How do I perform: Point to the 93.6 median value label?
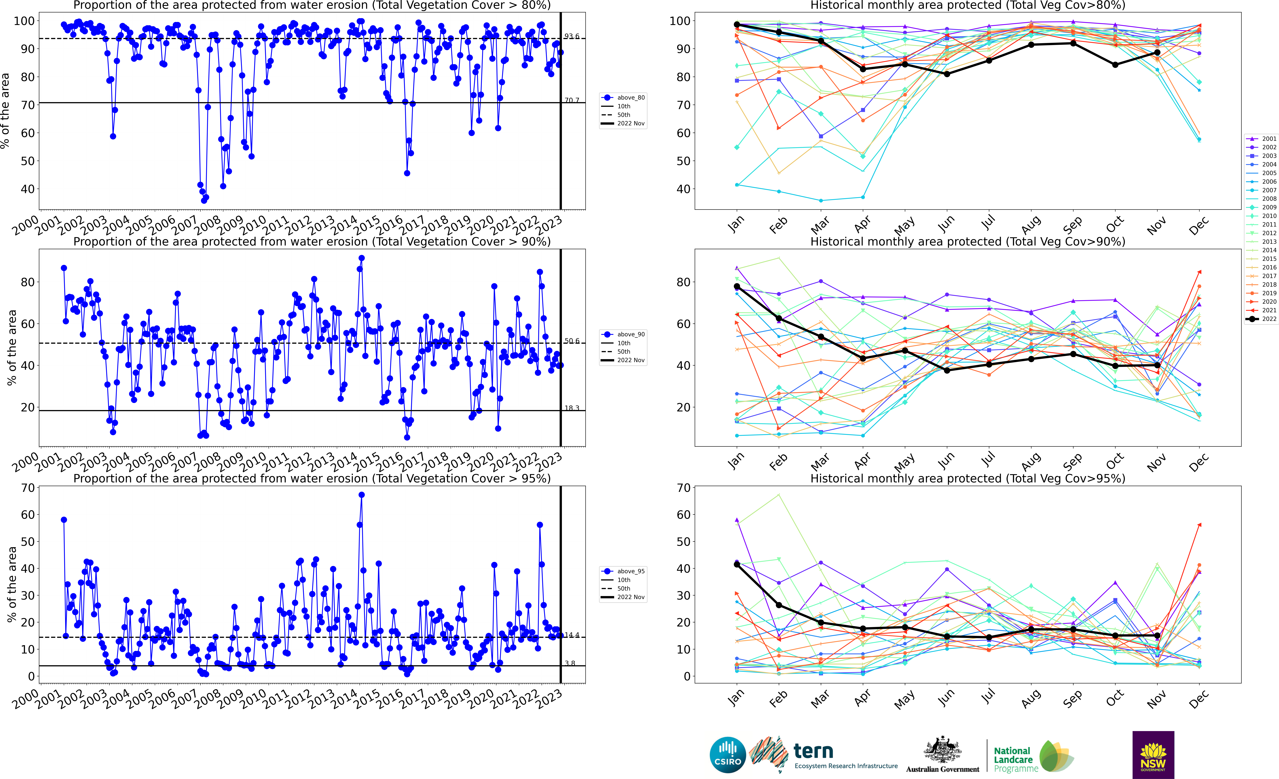571,36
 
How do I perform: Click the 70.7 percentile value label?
571,100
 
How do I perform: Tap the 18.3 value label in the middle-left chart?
571,408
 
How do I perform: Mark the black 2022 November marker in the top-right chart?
1157,52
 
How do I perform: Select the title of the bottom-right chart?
968,478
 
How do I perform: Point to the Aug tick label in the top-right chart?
1031,224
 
